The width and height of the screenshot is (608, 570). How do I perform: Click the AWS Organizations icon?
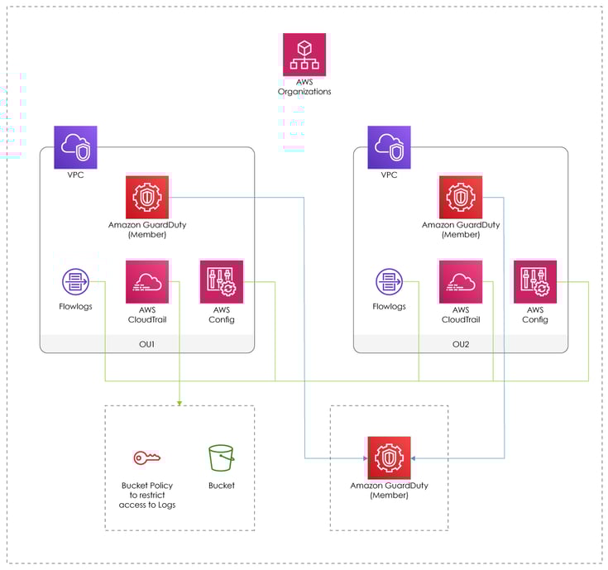[304, 55]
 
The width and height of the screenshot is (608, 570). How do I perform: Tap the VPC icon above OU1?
[75, 147]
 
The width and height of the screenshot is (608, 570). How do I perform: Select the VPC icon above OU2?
[389, 147]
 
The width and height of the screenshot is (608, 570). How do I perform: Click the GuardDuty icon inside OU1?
[146, 197]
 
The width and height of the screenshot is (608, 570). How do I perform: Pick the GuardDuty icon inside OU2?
[460, 197]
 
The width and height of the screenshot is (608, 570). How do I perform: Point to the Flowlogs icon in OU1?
[75, 282]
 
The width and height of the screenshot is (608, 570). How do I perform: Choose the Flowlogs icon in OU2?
[389, 282]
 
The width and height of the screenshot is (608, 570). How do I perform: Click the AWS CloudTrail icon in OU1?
[147, 282]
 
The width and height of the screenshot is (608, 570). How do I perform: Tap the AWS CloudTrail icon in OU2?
[460, 282]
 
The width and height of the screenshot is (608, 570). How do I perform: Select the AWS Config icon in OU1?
[221, 282]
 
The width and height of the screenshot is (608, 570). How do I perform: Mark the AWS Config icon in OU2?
[534, 282]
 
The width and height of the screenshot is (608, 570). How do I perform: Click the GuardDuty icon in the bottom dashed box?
[388, 457]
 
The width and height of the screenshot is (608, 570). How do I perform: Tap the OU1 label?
[147, 343]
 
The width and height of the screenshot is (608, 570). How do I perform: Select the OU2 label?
[461, 343]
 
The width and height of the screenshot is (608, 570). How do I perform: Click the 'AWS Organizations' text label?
[304, 87]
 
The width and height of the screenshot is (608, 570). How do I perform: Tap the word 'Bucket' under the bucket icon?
[221, 486]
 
